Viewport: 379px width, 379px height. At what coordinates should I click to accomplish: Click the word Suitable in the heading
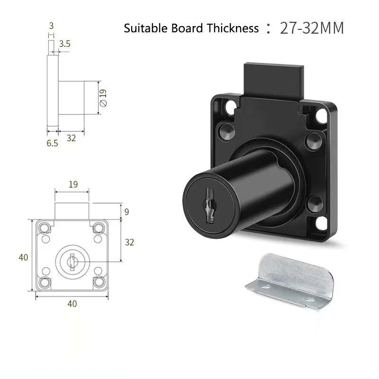tap(145, 28)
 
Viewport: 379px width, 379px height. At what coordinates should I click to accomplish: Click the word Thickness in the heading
tap(233, 28)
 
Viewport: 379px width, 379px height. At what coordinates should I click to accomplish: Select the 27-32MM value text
tap(312, 28)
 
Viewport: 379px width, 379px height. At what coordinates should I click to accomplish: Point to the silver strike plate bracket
tap(290, 280)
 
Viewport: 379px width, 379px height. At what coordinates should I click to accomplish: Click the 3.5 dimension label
tap(65, 44)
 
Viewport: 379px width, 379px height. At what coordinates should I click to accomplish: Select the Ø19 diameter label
tap(103, 98)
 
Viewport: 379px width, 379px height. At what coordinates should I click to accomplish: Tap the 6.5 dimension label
tap(52, 144)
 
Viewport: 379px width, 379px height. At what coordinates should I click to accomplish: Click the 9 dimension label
tap(126, 212)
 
